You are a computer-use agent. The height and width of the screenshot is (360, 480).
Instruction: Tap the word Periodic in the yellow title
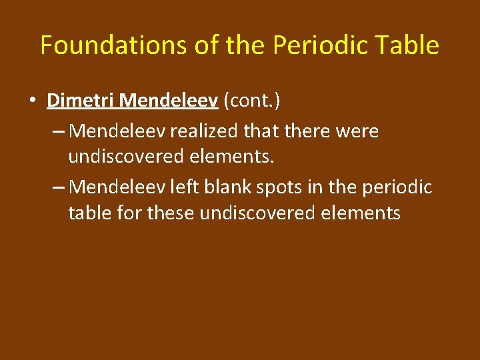[313, 45]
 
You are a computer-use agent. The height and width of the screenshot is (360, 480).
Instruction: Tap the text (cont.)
[253, 101]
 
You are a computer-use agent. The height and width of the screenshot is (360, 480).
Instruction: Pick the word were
[357, 131]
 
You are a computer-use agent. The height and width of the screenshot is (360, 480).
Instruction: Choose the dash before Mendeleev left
[58, 187]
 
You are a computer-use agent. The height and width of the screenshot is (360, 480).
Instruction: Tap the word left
[183, 187]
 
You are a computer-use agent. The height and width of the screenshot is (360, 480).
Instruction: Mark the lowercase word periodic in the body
[397, 187]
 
